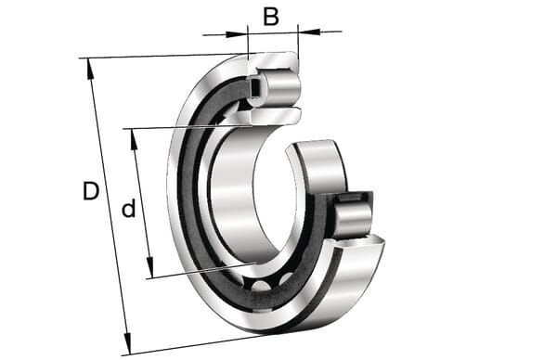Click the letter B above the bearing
(x=271, y=17)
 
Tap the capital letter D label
(x=91, y=190)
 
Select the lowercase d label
(x=129, y=209)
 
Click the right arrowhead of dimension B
(x=309, y=32)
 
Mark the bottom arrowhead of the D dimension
(x=127, y=343)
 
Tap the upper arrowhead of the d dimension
(x=134, y=140)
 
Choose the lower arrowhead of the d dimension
(x=149, y=267)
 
